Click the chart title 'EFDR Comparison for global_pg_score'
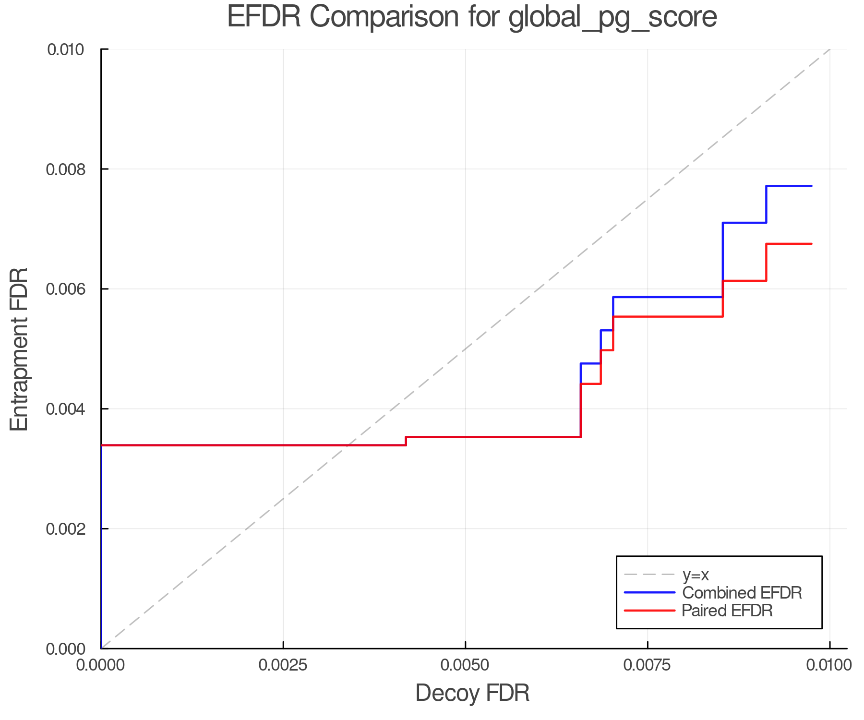pyautogui.click(x=472, y=17)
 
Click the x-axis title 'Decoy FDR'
pyautogui.click(x=472, y=693)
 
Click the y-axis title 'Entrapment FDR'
pyautogui.click(x=19, y=349)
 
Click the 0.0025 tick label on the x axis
pyautogui.click(x=283, y=665)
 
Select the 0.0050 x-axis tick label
pyautogui.click(x=465, y=665)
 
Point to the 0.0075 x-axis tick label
pyautogui.click(x=648, y=665)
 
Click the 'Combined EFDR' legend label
pyautogui.click(x=742, y=593)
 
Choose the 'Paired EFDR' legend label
pyautogui.click(x=727, y=611)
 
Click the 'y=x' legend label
pyautogui.click(x=696, y=575)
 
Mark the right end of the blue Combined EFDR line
pyautogui.click(x=811, y=186)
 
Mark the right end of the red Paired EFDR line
pyautogui.click(x=811, y=244)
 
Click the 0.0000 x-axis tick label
pyautogui.click(x=101, y=665)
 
